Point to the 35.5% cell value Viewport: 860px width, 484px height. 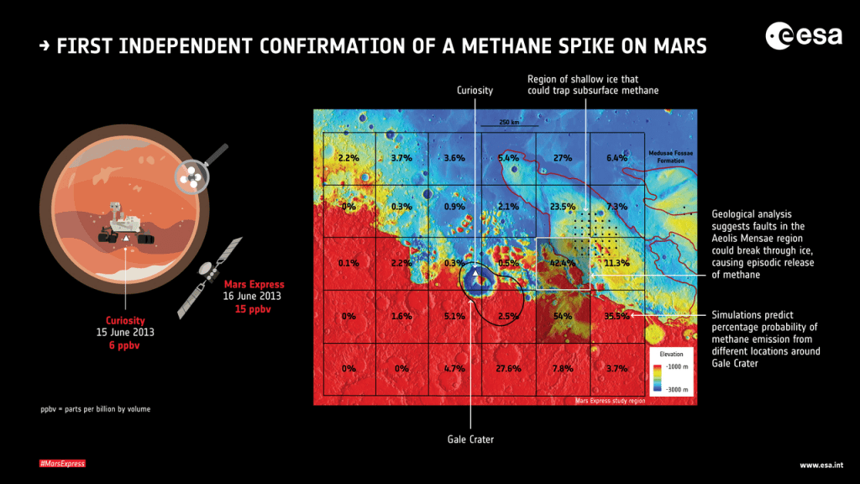[x=616, y=316]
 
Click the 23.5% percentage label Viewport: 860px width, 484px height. [x=562, y=207]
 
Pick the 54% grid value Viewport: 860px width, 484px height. [x=562, y=316]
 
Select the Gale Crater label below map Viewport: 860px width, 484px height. [x=475, y=438]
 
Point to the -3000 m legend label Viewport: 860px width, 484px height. [x=678, y=391]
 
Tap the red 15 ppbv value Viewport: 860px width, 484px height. [x=252, y=309]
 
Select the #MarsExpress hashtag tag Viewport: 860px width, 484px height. [x=62, y=464]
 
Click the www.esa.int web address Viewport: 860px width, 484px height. [x=821, y=465]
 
